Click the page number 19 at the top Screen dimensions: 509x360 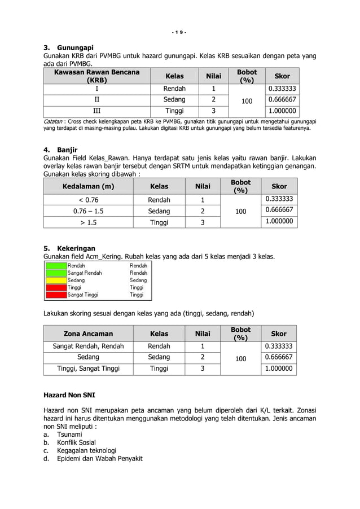coord(179,32)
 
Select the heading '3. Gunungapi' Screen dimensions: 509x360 coord(69,47)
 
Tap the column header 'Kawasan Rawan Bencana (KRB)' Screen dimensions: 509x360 coord(96,76)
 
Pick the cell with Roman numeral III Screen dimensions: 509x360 coord(96,111)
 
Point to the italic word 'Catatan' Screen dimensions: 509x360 coord(53,121)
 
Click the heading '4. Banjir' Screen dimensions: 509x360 coord(60,150)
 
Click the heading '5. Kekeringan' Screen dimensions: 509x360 coord(69,248)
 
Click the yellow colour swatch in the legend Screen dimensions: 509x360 coord(56,280)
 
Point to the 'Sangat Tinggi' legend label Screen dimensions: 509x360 coord(82,295)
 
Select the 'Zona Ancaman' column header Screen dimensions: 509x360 coord(88,334)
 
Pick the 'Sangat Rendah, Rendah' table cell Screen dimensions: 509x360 coord(88,346)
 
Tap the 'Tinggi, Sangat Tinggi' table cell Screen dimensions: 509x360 coord(88,369)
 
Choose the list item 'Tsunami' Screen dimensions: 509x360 coord(69,435)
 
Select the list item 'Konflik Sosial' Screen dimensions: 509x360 coord(76,442)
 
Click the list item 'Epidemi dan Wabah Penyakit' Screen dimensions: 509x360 coord(99,458)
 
